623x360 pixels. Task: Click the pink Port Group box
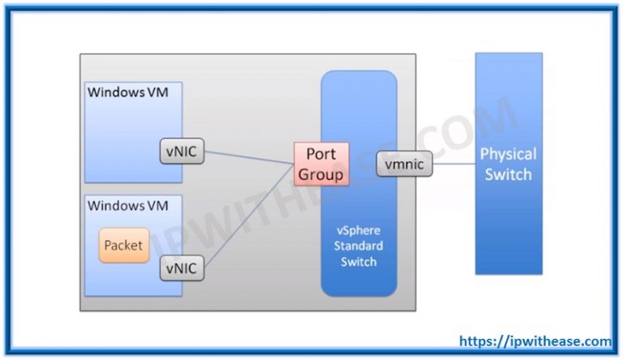pyautogui.click(x=321, y=165)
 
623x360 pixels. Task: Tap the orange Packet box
pyautogui.click(x=124, y=245)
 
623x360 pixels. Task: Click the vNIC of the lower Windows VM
pyautogui.click(x=182, y=268)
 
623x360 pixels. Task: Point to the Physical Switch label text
pyautogui.click(x=508, y=164)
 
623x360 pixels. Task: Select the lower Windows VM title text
pyautogui.click(x=127, y=206)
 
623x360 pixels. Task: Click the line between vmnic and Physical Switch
pyautogui.click(x=454, y=165)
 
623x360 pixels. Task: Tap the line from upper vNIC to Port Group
pyautogui.click(x=247, y=156)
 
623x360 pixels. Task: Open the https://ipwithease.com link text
pyautogui.click(x=535, y=342)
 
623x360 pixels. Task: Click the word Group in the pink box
pyautogui.click(x=321, y=174)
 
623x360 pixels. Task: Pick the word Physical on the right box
pyautogui.click(x=508, y=154)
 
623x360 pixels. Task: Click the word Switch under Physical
pyautogui.click(x=508, y=174)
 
